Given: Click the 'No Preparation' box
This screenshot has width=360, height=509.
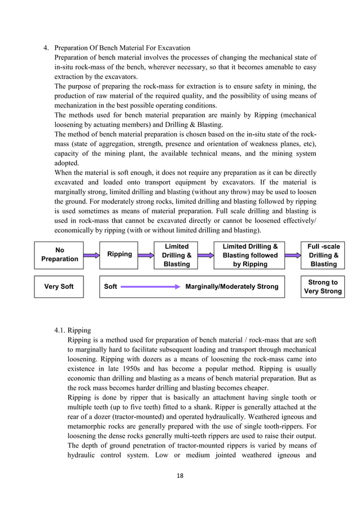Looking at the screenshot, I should (x=59, y=254).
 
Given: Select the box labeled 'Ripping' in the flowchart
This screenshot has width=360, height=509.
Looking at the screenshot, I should (x=119, y=254).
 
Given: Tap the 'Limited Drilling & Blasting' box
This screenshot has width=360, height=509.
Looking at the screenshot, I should (x=176, y=255).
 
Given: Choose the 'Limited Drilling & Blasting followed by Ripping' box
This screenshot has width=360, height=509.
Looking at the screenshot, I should (x=249, y=255).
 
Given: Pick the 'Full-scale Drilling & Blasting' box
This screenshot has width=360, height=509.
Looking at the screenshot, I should (x=323, y=255).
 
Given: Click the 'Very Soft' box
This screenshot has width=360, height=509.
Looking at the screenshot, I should (x=59, y=287).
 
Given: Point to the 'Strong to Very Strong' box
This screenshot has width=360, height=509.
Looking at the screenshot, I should (x=323, y=287).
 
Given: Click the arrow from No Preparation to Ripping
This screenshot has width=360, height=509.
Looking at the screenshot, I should (x=91, y=255).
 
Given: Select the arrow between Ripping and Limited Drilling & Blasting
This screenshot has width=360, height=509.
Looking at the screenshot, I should (x=146, y=255).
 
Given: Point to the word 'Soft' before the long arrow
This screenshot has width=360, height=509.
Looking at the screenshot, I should (x=111, y=287).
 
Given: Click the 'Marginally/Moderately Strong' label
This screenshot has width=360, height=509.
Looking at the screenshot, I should (x=231, y=287).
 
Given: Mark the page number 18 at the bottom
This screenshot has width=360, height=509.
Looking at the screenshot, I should (x=180, y=475).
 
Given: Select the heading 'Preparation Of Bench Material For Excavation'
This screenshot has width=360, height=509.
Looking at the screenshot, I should (x=122, y=47).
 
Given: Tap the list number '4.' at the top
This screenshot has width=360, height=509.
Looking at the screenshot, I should (x=47, y=47).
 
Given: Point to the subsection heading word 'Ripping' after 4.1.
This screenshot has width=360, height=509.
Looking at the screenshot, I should (x=79, y=330).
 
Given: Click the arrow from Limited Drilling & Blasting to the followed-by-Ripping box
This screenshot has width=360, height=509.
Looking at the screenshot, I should (x=205, y=255).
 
